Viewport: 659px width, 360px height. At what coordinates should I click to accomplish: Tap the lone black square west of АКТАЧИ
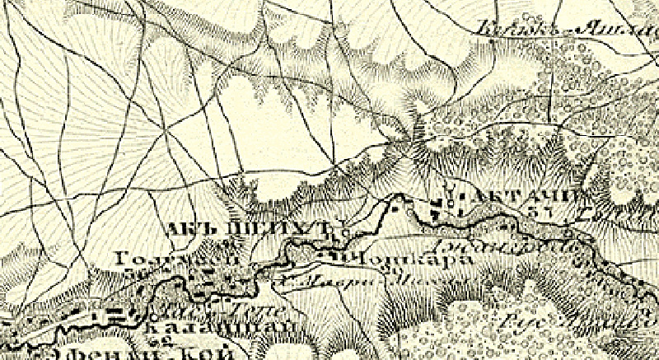[x=393, y=208]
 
